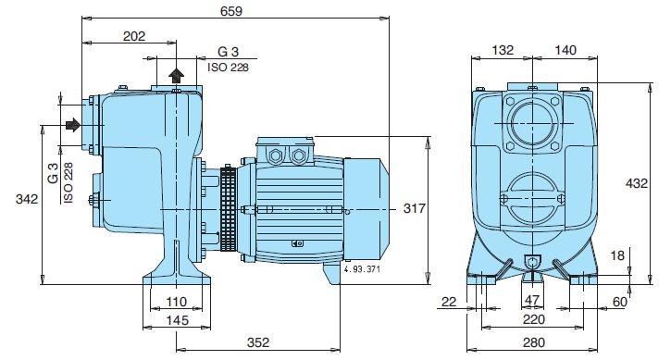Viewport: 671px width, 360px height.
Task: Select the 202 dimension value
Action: [134, 36]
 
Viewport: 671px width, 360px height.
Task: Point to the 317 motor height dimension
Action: [414, 209]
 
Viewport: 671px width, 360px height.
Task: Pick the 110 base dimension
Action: [177, 302]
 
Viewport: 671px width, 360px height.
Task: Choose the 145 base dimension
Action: [177, 319]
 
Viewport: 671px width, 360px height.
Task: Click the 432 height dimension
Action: [637, 183]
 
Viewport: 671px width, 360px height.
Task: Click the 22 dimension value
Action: [450, 302]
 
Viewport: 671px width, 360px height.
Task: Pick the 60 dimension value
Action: [619, 302]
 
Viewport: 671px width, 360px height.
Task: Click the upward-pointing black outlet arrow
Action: [177, 75]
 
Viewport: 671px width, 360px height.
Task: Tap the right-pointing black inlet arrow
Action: [71, 124]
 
